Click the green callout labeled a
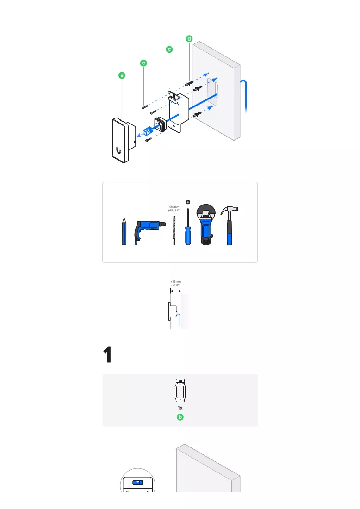[122, 75]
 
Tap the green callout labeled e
[143, 63]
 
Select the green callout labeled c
[169, 50]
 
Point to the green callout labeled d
[189, 38]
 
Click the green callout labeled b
[180, 417]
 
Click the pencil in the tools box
[124, 231]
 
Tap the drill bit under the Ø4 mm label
[174, 230]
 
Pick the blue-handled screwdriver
[188, 227]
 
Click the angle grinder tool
[206, 224]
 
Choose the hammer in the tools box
[230, 226]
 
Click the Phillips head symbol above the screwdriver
[188, 202]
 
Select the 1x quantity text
[180, 408]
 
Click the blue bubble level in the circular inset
[137, 483]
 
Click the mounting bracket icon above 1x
[180, 391]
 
